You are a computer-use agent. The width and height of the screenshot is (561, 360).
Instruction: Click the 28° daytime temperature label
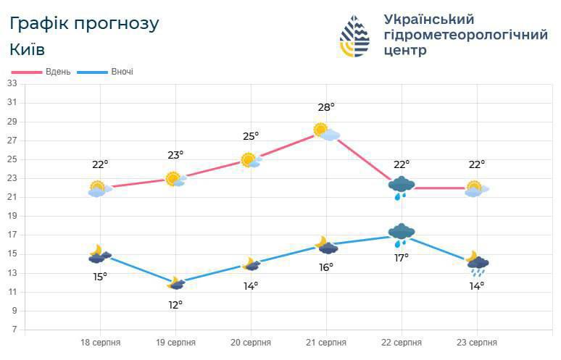(x=326, y=108)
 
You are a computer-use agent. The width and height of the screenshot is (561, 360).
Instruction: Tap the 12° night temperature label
(x=175, y=304)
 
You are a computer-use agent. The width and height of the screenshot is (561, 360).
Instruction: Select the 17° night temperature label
(x=402, y=257)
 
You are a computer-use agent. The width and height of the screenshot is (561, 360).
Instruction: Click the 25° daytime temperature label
(x=251, y=136)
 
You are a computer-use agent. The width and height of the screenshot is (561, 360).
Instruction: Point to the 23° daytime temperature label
(x=175, y=154)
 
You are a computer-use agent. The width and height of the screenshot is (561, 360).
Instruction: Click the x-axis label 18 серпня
(x=100, y=343)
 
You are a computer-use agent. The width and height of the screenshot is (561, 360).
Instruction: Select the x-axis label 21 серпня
(x=326, y=343)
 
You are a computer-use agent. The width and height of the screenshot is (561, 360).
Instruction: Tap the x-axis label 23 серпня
(x=477, y=343)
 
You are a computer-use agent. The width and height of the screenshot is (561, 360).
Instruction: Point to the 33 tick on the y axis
(x=12, y=83)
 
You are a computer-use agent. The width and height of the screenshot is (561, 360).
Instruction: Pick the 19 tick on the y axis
(x=12, y=216)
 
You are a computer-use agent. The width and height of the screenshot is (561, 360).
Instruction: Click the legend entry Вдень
(x=57, y=72)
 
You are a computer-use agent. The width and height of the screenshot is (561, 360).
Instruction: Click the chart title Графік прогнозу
(x=84, y=23)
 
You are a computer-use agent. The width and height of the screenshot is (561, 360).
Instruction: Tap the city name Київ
(x=28, y=49)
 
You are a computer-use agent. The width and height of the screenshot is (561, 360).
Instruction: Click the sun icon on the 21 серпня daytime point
(x=321, y=130)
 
